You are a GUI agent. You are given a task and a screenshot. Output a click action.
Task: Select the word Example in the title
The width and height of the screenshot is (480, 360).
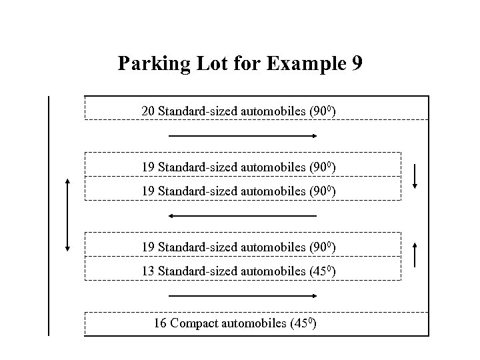[x=301, y=64]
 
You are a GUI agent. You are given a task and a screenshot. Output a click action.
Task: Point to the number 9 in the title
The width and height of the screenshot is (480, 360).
[x=357, y=64]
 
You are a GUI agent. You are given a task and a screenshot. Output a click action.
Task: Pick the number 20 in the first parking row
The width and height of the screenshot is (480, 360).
[x=149, y=111]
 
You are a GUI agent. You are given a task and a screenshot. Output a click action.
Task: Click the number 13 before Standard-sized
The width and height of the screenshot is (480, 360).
[x=149, y=272]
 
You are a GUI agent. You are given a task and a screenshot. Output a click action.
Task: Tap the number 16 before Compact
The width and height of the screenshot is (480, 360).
[x=160, y=324]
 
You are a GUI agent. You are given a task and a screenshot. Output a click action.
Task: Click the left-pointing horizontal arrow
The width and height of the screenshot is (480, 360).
[x=243, y=216]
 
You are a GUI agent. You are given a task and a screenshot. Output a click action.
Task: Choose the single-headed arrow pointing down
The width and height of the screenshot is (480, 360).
[x=415, y=176]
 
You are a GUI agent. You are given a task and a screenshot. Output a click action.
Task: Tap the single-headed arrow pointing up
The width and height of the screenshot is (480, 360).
[x=415, y=255]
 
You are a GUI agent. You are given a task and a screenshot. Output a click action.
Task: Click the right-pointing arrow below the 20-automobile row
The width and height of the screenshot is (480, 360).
[x=243, y=136]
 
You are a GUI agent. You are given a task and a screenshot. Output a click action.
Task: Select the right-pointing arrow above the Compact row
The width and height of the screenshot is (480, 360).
[x=243, y=295]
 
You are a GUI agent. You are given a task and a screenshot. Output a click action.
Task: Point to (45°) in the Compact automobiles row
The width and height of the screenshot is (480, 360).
[x=303, y=324]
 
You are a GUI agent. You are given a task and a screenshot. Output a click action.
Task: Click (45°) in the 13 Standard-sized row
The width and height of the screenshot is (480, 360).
[x=323, y=272]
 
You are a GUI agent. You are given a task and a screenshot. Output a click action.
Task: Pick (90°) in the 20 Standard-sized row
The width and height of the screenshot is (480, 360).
[x=323, y=111]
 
